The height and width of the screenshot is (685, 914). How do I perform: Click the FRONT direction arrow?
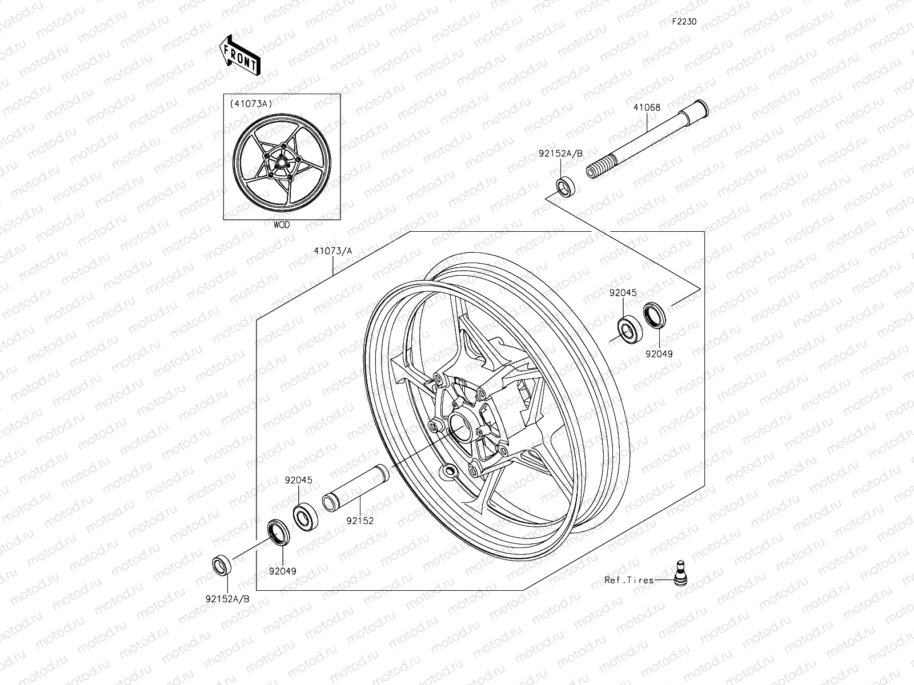point(239,54)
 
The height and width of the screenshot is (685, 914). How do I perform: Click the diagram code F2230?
point(684,22)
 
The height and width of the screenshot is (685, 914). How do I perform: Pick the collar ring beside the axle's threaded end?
point(566,187)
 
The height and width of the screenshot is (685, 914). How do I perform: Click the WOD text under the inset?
point(281,225)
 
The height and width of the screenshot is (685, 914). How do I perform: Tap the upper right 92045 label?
point(623,293)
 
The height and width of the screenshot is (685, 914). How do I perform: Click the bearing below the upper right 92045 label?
point(628,330)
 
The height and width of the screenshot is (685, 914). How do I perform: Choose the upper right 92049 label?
point(659,354)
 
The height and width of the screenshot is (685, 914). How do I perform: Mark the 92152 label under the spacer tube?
point(359,521)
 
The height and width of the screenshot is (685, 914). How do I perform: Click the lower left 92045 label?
point(299,481)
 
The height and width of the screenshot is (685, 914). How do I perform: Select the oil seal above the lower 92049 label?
point(279,530)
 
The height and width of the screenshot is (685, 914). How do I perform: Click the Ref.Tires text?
point(629,580)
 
